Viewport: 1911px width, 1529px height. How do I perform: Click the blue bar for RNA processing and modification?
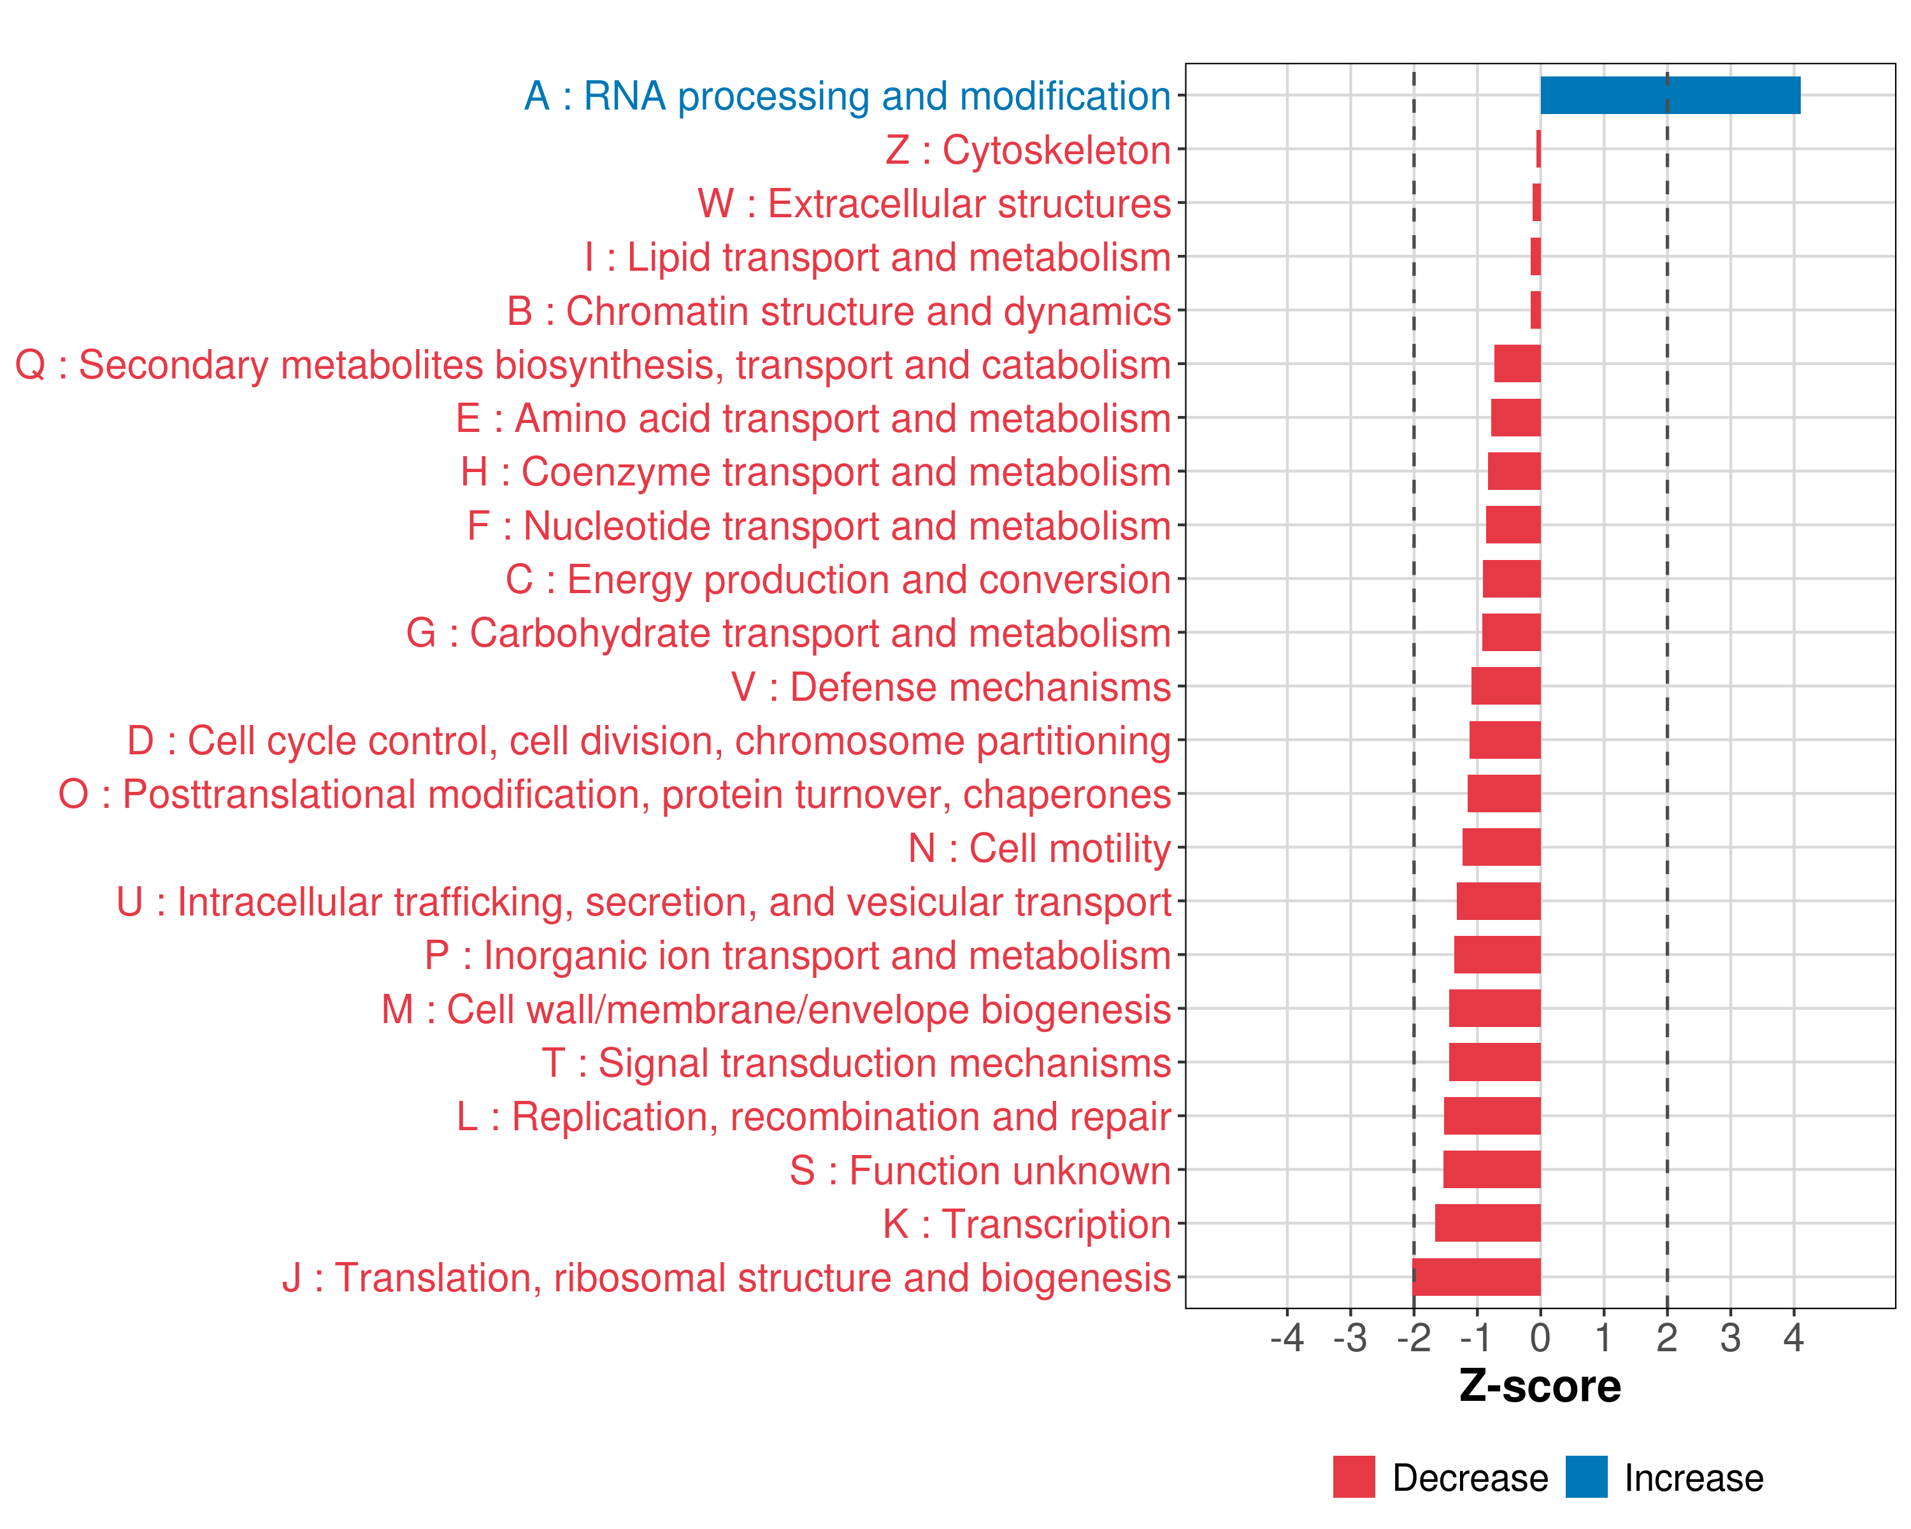point(1670,95)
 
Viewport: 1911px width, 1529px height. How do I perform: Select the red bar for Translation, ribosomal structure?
point(1477,1276)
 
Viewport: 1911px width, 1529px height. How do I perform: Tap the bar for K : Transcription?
point(1487,1223)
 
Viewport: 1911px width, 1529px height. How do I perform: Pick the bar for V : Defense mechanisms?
point(1506,686)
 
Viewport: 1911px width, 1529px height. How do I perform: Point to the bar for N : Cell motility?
point(1501,847)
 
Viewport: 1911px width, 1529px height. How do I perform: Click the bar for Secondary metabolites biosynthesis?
point(1517,363)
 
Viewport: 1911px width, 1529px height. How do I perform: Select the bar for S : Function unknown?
point(1492,1169)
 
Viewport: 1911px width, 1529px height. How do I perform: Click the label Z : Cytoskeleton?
point(1028,150)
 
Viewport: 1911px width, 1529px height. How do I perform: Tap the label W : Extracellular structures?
point(934,204)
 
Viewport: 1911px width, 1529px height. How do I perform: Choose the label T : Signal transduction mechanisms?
point(856,1063)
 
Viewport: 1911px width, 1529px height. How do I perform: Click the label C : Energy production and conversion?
point(838,580)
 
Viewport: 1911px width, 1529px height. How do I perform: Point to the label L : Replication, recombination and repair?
point(813,1117)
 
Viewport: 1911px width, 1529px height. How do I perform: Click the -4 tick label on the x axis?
point(1287,1337)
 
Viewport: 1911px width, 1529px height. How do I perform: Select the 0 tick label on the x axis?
point(1540,1337)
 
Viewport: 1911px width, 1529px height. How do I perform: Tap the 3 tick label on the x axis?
point(1730,1337)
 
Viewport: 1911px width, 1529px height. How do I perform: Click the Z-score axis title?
point(1540,1386)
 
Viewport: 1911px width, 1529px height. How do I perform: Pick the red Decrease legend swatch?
point(1354,1477)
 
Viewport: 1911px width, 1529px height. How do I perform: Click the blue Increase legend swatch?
point(1587,1477)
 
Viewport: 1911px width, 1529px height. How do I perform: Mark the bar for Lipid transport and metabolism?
point(1536,257)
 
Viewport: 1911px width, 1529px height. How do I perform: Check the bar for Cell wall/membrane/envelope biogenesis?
point(1495,1009)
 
